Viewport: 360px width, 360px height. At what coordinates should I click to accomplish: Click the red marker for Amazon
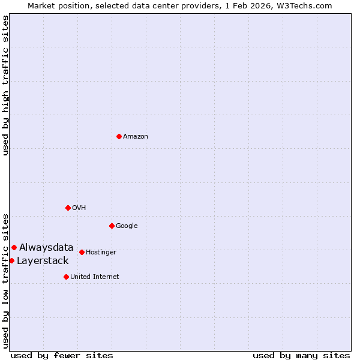119,136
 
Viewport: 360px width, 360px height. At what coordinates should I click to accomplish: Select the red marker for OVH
68,208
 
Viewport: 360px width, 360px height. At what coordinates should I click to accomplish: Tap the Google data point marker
112,226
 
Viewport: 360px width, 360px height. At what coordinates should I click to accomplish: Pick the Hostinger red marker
82,252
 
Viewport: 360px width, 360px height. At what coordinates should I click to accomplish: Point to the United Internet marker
66,277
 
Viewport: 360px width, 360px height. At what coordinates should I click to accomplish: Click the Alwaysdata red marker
14,247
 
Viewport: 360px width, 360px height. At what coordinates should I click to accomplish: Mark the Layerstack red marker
11,260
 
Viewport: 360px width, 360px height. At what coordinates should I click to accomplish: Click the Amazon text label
136,137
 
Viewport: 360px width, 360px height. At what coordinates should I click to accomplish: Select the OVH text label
79,208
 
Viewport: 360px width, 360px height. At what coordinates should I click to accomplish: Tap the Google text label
127,226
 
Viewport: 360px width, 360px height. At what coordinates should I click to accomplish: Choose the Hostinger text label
101,253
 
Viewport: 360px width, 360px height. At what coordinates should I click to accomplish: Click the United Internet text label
95,277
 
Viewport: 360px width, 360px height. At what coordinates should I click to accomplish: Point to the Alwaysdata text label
46,247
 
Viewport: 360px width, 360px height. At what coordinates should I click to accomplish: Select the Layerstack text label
43,260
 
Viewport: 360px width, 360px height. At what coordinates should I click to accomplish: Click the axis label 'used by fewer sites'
62,355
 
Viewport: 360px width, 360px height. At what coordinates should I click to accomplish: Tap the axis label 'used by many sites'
301,355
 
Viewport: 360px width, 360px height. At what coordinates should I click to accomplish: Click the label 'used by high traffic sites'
6,85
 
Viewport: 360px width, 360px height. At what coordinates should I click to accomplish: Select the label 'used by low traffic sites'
6,280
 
